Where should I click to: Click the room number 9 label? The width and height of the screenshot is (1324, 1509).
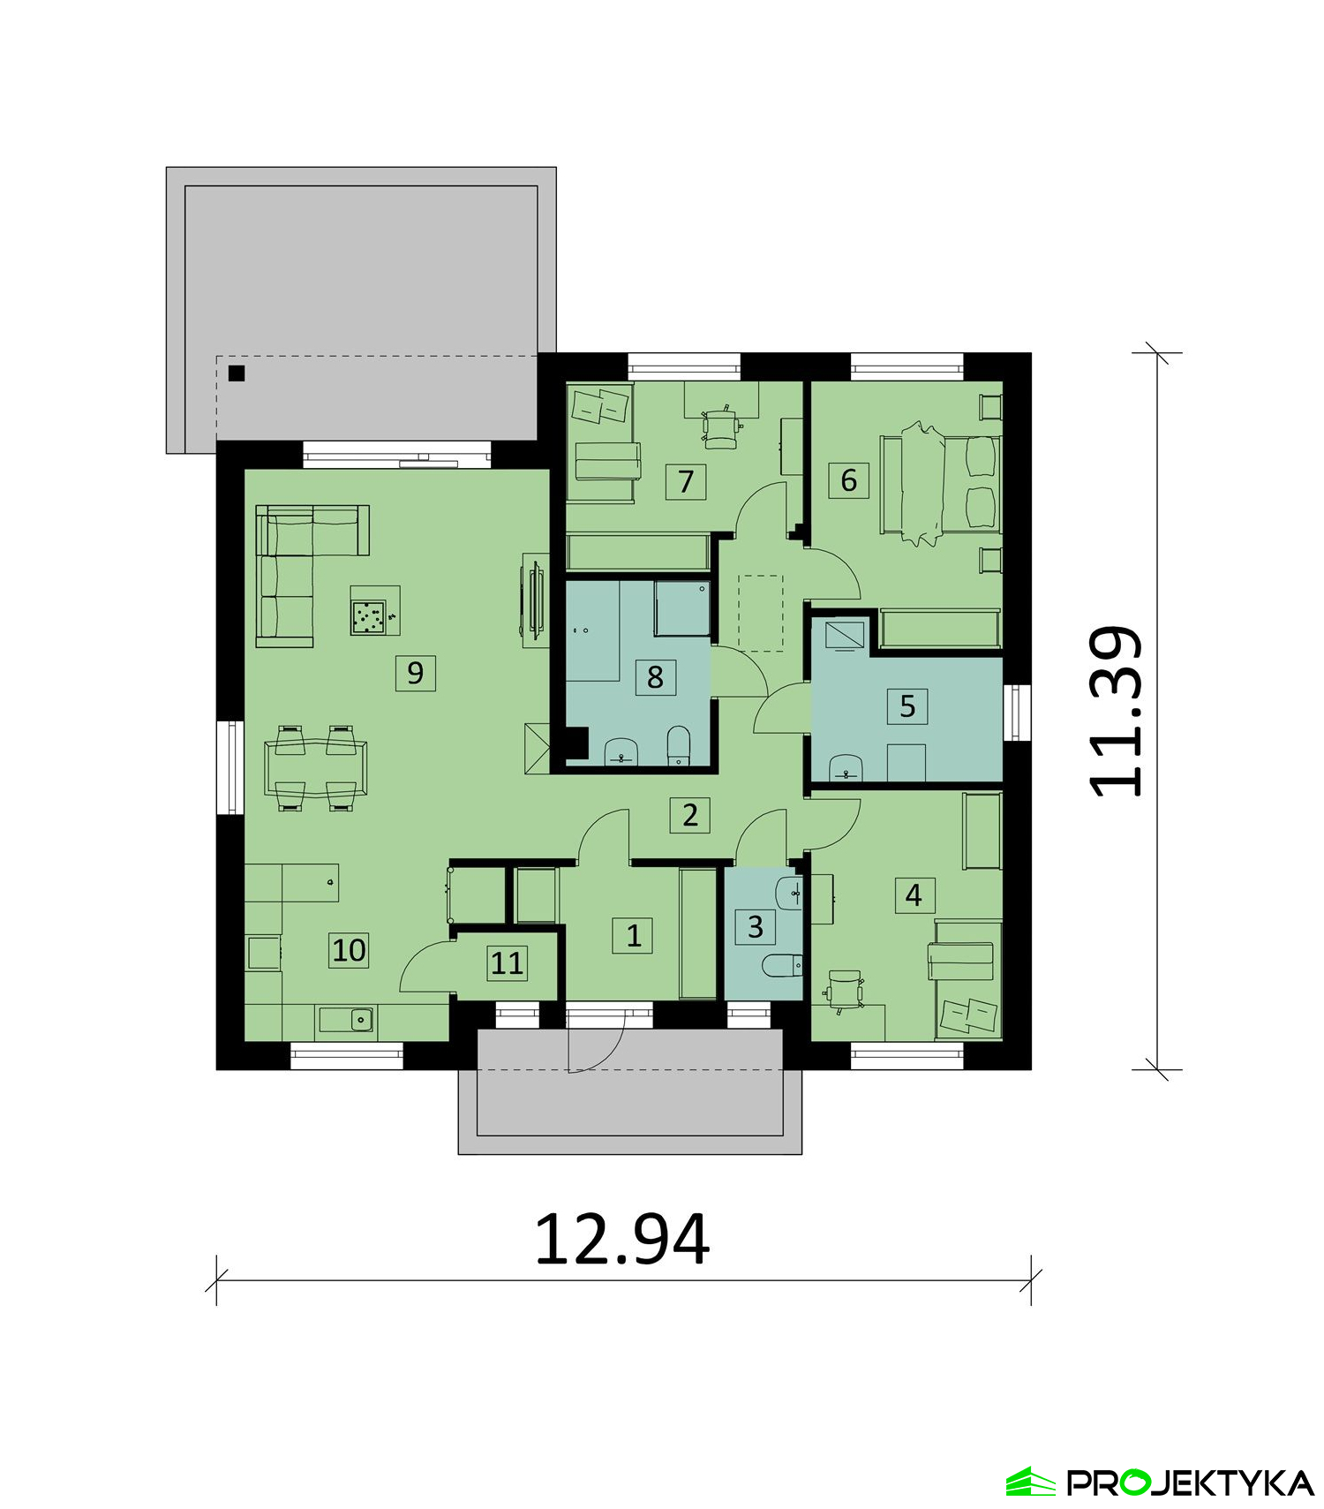(415, 674)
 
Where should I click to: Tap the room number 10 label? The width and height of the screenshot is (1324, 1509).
(349, 950)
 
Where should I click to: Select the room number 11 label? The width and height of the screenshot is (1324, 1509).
(508, 963)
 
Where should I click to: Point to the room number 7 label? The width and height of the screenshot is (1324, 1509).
(686, 481)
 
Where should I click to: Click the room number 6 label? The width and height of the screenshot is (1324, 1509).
(849, 480)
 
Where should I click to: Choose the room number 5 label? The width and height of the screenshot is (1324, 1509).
(907, 706)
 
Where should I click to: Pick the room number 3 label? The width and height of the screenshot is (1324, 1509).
(756, 927)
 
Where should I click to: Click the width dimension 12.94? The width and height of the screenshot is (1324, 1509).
(622, 1240)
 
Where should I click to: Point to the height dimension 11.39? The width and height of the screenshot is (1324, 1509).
(1117, 711)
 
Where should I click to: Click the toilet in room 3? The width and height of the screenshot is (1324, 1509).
(781, 967)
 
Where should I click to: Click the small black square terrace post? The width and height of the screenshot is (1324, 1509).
(237, 373)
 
